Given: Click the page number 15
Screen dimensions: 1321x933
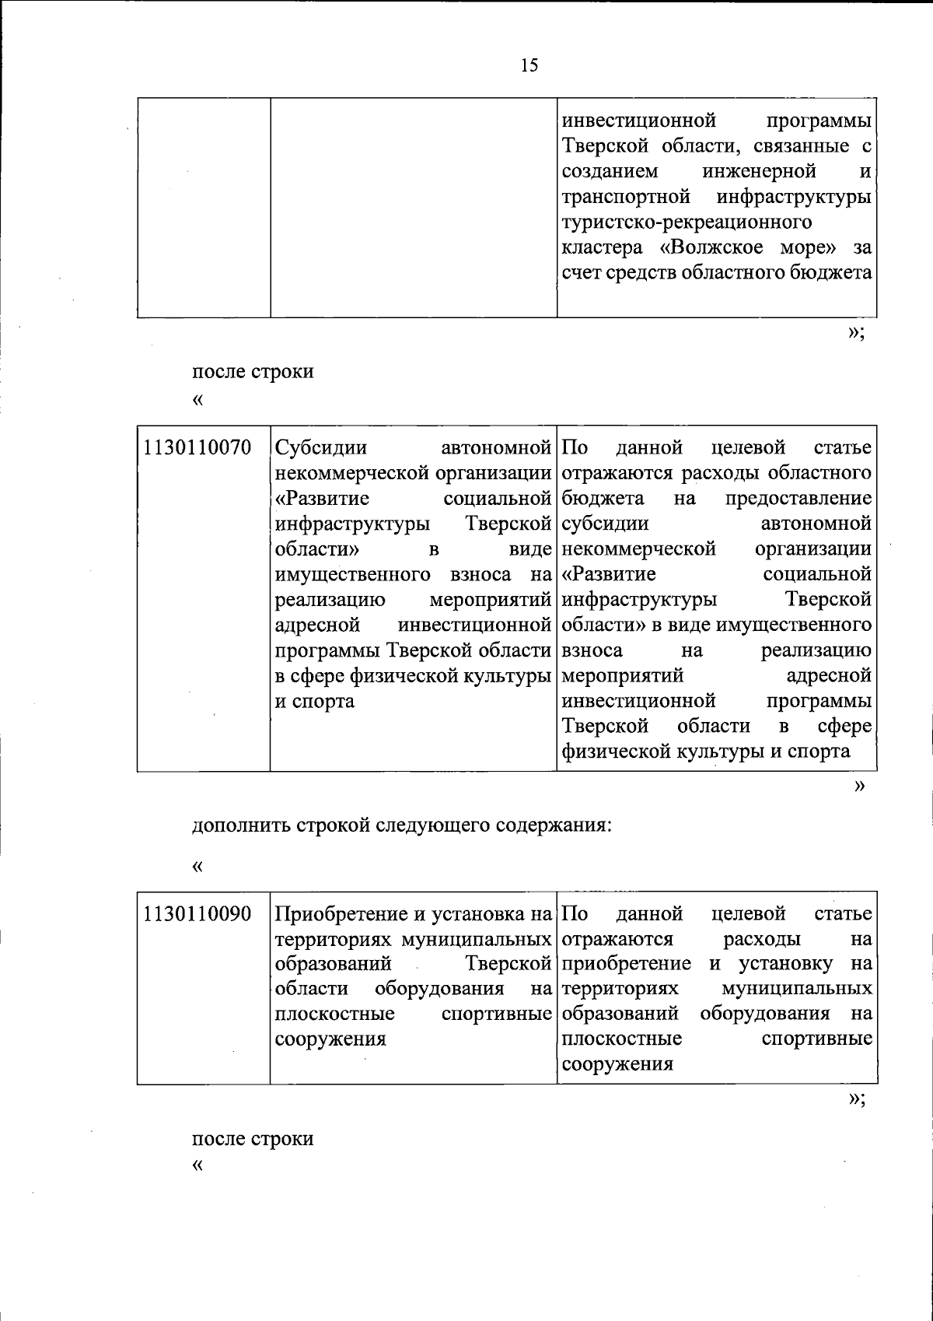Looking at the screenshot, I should point(529,65).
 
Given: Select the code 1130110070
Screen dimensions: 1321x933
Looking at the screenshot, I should point(197,448).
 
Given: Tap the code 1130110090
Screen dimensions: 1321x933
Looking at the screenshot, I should point(197,914).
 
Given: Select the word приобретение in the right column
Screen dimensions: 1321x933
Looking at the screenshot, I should point(626,965).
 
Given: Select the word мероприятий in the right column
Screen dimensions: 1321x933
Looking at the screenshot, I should point(622,676).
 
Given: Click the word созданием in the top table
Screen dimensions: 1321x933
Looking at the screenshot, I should point(610,171).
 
